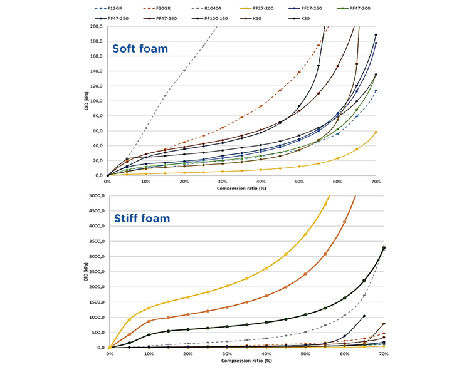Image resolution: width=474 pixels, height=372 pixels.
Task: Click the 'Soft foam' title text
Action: (x=139, y=48)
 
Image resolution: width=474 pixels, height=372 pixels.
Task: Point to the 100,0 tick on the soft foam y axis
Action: (x=96, y=101)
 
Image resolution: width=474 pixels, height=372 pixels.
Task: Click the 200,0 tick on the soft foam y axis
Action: (x=96, y=26)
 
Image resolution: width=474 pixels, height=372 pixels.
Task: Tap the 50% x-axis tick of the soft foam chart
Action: (x=299, y=182)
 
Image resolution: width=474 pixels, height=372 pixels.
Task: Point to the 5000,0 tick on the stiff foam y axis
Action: (x=95, y=196)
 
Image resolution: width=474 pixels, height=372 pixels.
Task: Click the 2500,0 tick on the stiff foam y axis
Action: (x=95, y=272)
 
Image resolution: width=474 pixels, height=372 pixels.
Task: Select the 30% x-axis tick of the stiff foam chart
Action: (x=227, y=354)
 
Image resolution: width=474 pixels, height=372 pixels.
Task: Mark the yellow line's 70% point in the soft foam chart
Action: (x=376, y=132)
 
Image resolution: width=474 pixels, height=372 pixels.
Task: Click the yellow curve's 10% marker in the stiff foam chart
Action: (x=149, y=308)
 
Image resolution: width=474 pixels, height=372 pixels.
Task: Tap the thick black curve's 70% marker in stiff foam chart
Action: (x=384, y=248)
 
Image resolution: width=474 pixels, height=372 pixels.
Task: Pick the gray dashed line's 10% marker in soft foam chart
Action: (x=146, y=128)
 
